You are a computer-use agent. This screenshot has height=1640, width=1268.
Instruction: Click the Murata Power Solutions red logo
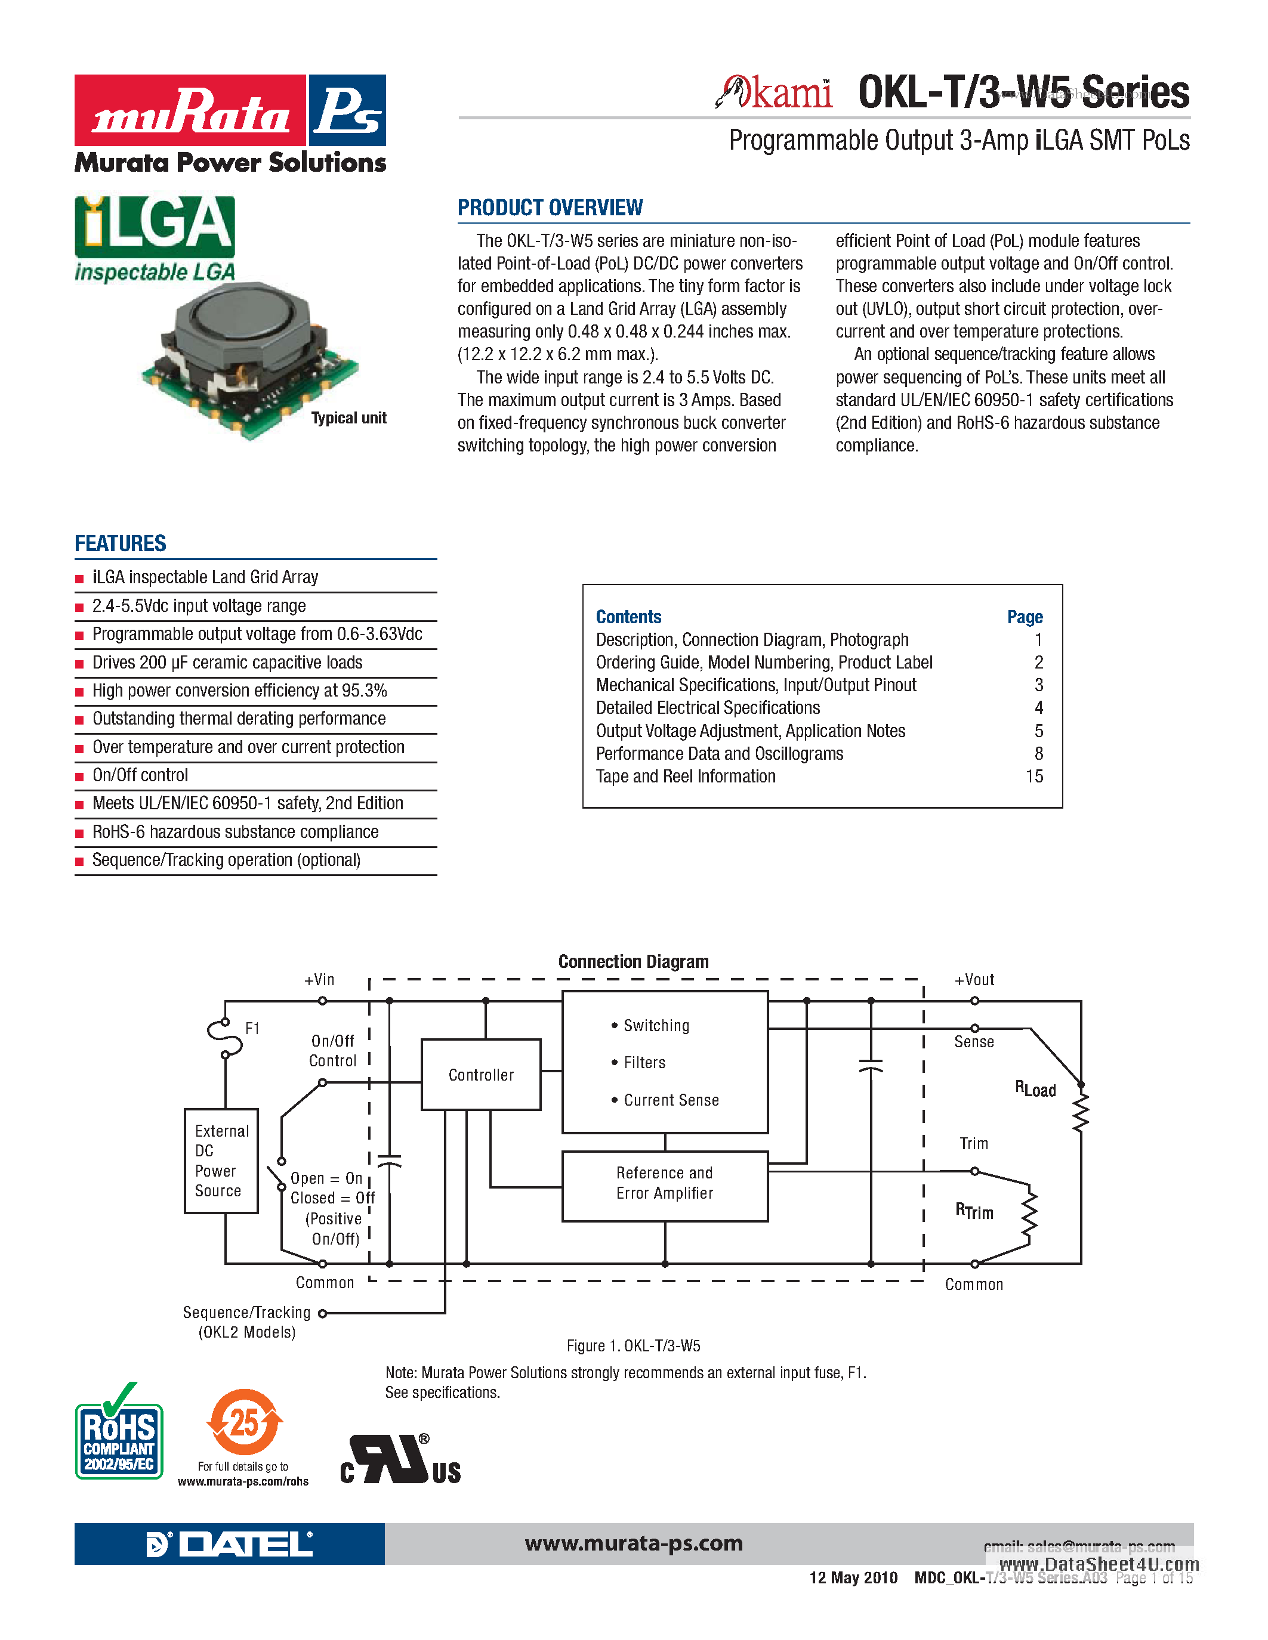pos(190,110)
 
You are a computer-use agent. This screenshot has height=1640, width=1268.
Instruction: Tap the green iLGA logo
pos(155,226)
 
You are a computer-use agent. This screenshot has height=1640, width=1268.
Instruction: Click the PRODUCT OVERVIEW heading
pos(550,208)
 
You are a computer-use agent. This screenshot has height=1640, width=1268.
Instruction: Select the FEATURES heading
pos(120,544)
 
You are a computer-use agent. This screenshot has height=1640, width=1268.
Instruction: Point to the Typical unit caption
pos(348,418)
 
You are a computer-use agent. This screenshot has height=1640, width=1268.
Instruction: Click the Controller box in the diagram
pos(481,1075)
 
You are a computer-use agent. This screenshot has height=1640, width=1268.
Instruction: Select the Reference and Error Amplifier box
pos(665,1183)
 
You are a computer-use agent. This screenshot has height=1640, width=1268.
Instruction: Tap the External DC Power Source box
pos(221,1160)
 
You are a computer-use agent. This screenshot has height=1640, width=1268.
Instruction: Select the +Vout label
pos(974,980)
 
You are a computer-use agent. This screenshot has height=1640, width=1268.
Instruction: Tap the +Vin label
pos(319,980)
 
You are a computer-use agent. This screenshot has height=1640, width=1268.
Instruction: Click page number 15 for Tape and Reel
pos(1034,776)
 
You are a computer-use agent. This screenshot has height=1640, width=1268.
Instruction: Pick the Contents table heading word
pos(629,617)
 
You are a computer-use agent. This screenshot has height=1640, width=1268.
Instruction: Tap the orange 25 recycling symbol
pos(244,1422)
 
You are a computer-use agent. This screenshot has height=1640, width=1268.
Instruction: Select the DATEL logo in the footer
pos(229,1544)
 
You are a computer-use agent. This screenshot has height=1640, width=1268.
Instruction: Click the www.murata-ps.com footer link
pos(633,1544)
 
